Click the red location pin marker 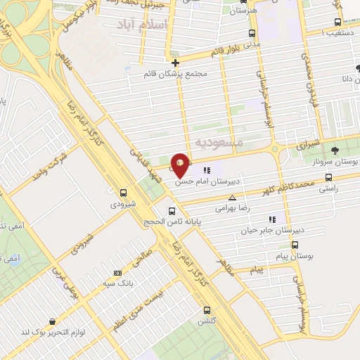(180, 165)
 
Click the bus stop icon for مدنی (252, 33)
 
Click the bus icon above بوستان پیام (295, 245)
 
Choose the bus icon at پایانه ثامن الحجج (172, 210)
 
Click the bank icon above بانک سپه (117, 273)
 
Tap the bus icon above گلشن (207, 310)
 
